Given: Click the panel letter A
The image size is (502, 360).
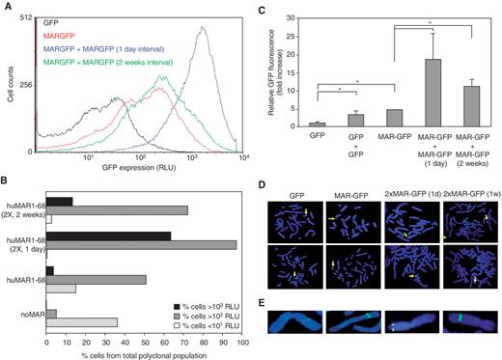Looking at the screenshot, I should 6,7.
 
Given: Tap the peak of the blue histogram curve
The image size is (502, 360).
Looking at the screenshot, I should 203,28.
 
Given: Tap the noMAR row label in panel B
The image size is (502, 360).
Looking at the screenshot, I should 29,313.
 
